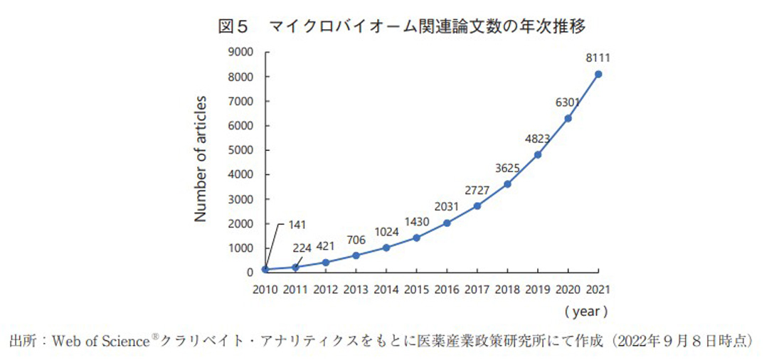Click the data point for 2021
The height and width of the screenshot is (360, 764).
tap(598, 74)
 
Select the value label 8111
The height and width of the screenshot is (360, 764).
tap(598, 58)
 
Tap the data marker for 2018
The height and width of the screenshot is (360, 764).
tap(507, 184)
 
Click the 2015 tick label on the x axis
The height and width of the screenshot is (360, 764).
tap(416, 290)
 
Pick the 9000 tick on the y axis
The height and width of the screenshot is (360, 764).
tap(241, 52)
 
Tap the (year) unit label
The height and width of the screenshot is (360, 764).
tap(585, 312)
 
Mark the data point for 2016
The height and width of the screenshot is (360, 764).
tap(447, 223)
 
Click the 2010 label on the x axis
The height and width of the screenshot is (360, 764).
tap(265, 290)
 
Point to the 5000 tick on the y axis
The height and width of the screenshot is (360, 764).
tap(241, 150)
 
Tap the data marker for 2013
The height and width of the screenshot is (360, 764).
tap(356, 255)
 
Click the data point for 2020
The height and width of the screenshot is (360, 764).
tap(568, 118)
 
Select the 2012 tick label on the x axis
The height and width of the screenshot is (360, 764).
tap(325, 290)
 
